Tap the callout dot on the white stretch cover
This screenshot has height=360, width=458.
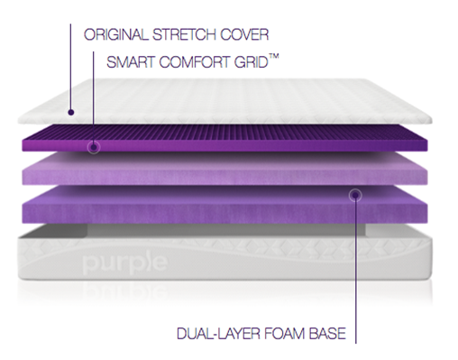(70, 115)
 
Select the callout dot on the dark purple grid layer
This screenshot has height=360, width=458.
(94, 146)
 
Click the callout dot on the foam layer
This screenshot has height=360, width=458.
(354, 192)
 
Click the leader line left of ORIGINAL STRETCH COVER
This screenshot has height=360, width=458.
(70, 54)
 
